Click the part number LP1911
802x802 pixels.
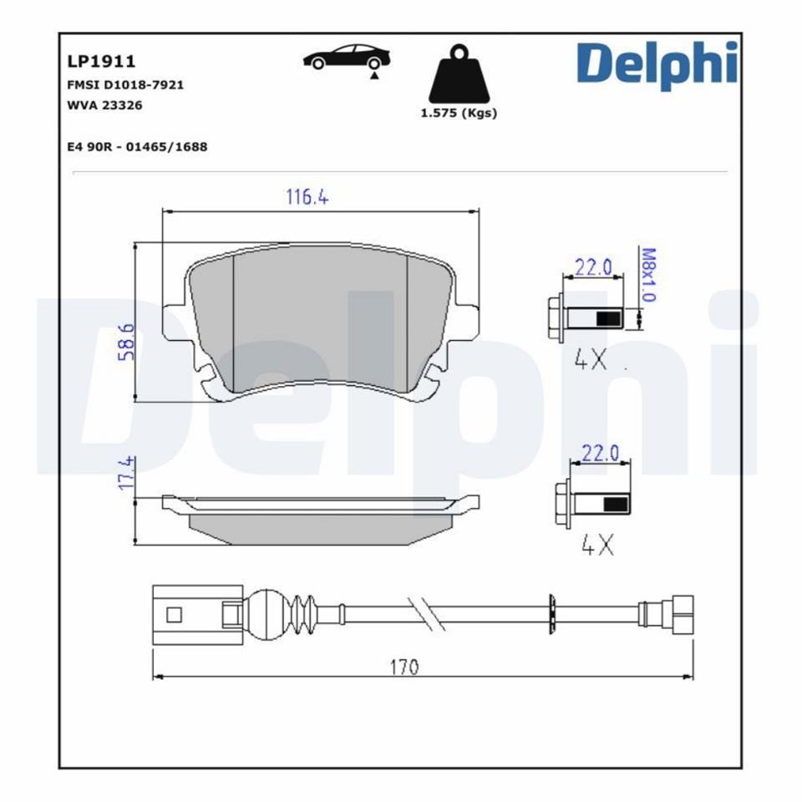tap(100, 61)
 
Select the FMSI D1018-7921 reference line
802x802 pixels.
tap(125, 84)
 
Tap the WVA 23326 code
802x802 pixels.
tap(104, 105)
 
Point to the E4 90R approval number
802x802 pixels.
tap(137, 146)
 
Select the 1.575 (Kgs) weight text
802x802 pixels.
tap(458, 114)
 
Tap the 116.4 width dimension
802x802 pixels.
tap(307, 197)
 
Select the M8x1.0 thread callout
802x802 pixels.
tap(647, 274)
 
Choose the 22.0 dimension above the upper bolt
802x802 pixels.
tap(594, 267)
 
